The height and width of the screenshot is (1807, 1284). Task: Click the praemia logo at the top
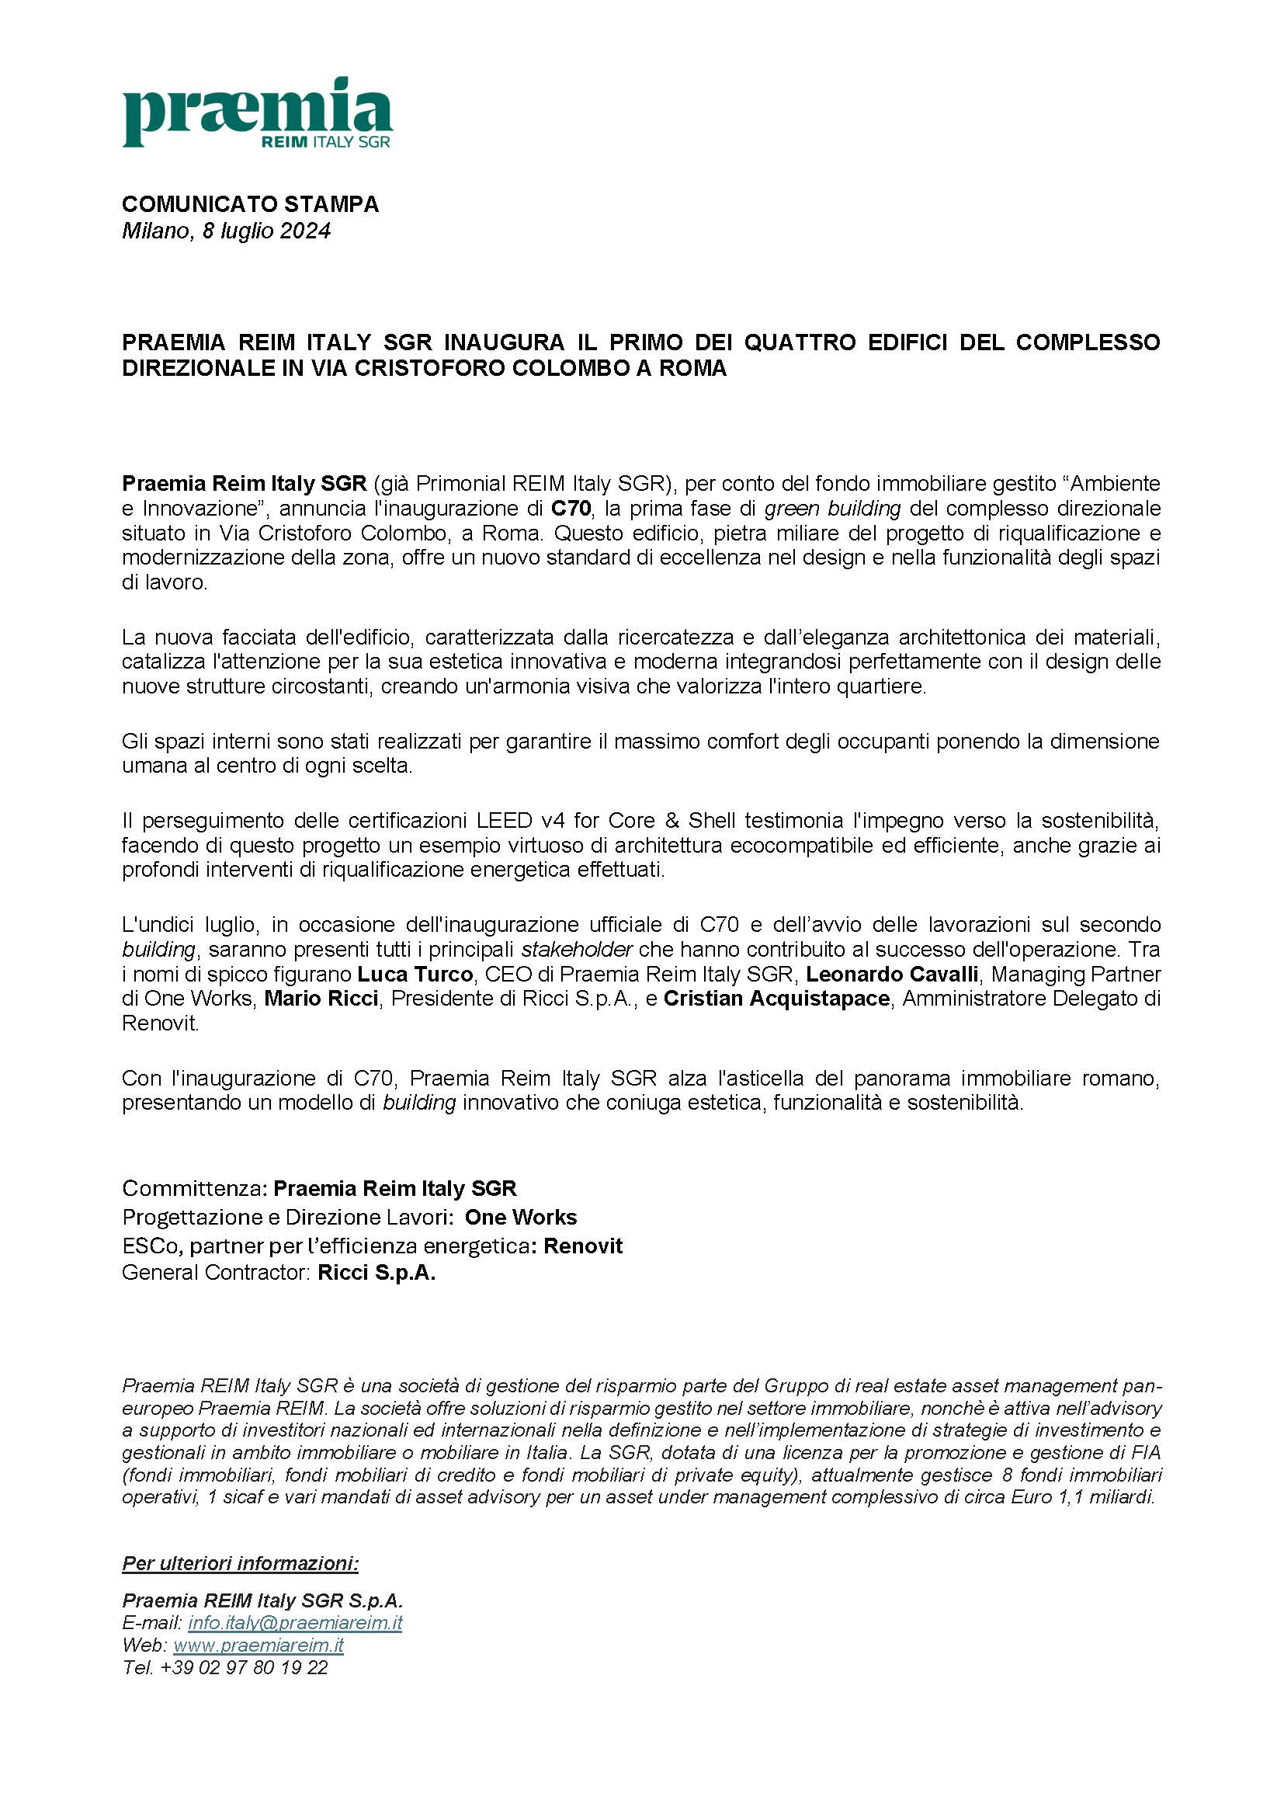point(257,113)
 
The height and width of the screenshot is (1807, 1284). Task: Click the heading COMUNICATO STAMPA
point(250,204)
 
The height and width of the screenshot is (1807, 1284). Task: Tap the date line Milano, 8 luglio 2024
point(225,231)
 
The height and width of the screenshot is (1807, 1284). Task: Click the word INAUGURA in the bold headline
point(504,342)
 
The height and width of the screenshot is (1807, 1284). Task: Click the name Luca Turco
point(415,974)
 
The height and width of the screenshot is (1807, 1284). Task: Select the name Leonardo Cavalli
point(892,974)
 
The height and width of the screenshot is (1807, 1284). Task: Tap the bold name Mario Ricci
point(321,998)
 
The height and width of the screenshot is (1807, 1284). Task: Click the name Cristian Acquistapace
point(776,998)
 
